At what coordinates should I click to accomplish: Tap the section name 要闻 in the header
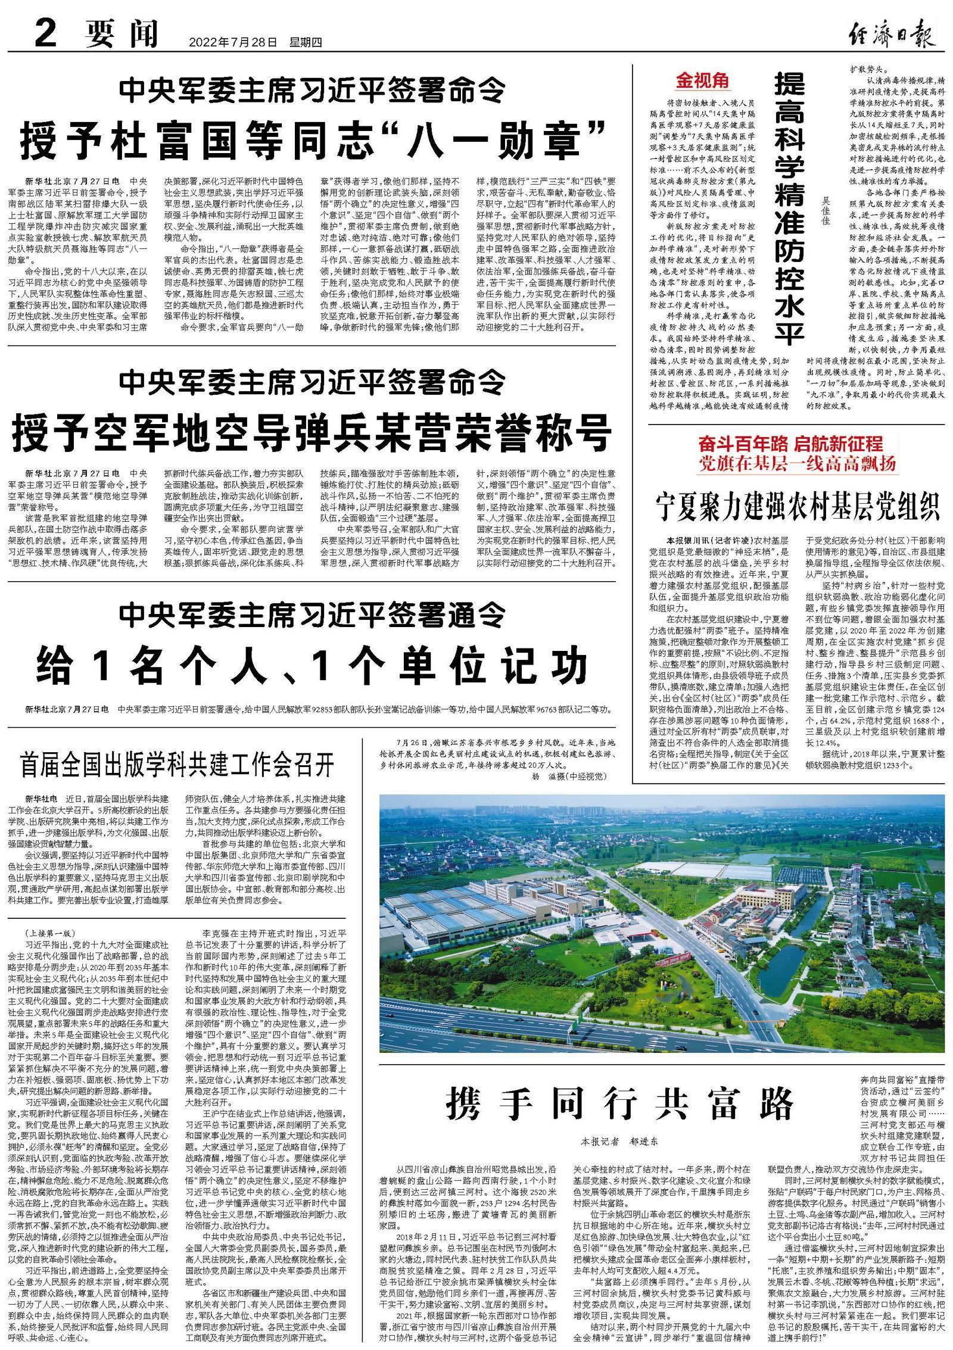coord(122,35)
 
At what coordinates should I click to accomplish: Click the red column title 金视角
coord(702,80)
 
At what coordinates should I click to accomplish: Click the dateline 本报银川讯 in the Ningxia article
coord(686,541)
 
